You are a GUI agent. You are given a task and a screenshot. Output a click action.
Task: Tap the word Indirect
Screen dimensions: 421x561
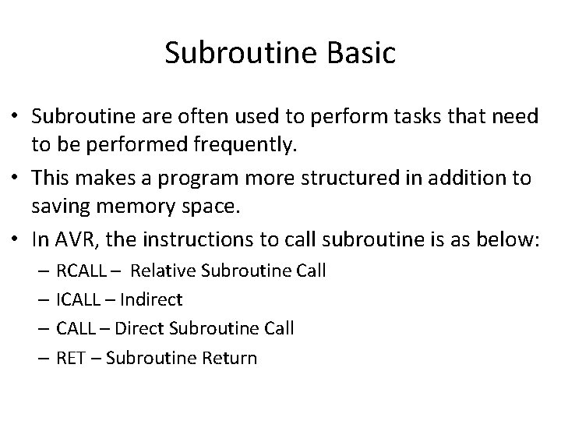coord(154,299)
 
